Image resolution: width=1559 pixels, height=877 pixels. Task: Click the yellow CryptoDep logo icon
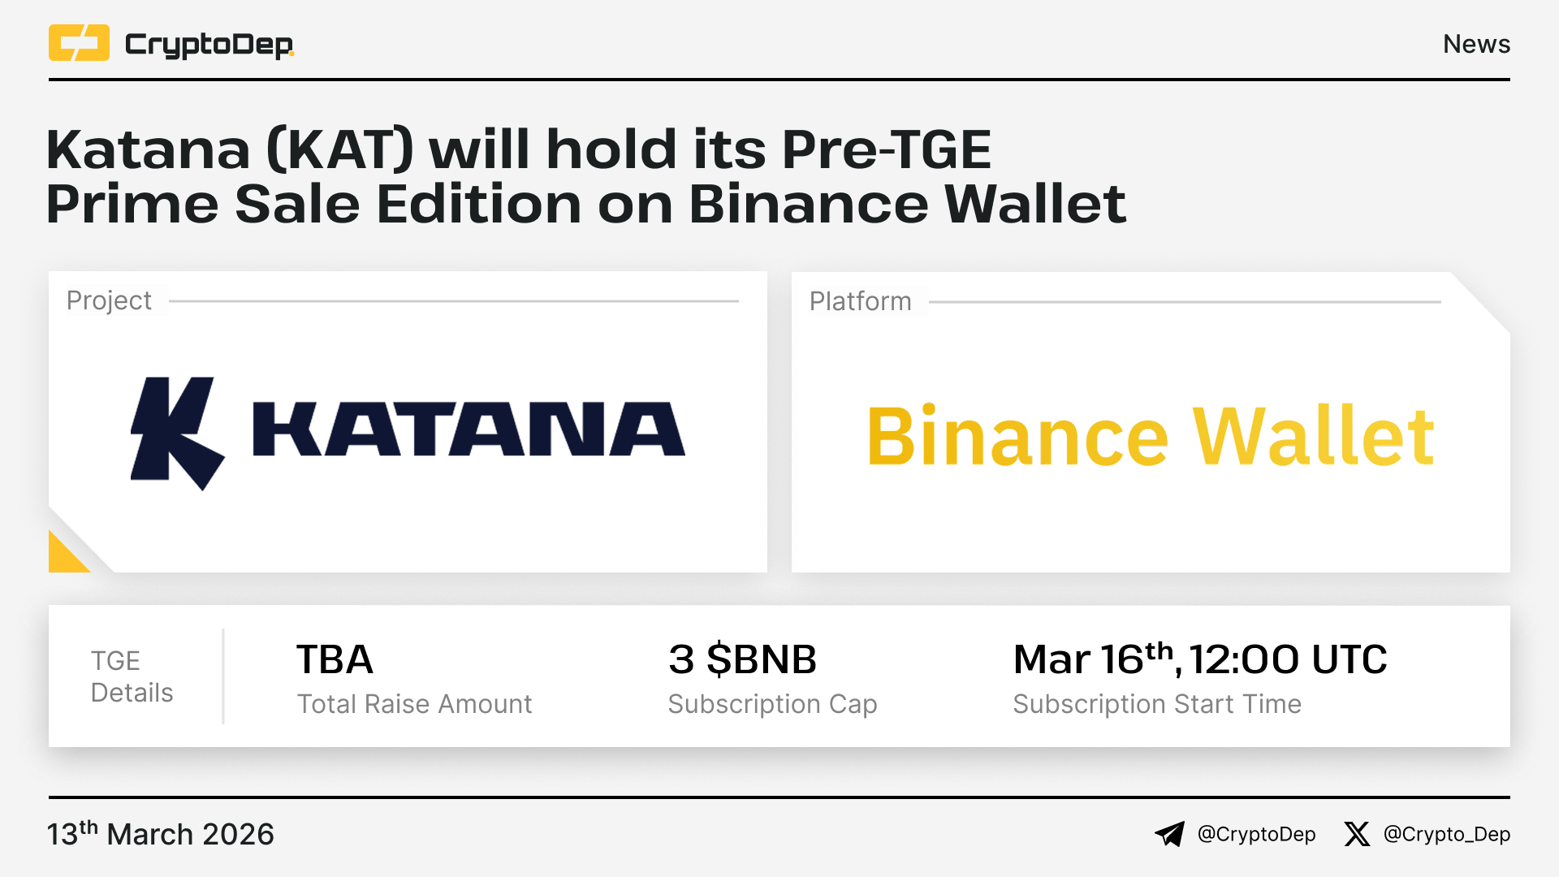pos(79,43)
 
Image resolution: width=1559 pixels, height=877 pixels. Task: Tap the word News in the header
pos(1476,44)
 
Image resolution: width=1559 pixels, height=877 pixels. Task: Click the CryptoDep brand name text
pos(209,45)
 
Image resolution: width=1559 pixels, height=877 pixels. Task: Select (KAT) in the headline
pos(339,149)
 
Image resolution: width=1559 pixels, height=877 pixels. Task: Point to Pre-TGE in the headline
pos(887,149)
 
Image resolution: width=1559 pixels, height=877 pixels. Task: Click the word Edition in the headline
pos(479,204)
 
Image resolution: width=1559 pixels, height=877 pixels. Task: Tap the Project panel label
pos(109,300)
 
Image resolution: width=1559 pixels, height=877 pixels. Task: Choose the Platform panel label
pos(860,301)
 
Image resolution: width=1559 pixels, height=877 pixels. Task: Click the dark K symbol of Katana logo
pos(176,432)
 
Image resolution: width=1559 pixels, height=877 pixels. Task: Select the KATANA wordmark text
pos(469,429)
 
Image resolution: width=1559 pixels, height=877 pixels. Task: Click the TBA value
pos(335,659)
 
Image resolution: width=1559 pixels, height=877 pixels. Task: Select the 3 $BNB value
pos(742,659)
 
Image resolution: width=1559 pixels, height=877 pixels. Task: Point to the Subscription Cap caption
pos(772,704)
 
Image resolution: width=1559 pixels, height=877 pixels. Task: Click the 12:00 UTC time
pos(1289,659)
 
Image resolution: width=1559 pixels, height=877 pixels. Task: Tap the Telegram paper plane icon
pos(1170,834)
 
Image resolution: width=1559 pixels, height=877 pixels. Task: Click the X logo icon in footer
pos(1356,834)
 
